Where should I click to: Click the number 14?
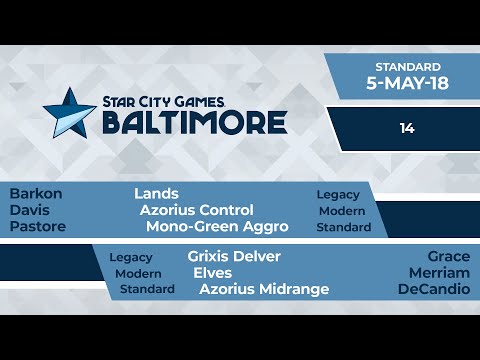click(405, 128)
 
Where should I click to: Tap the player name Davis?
click(30, 211)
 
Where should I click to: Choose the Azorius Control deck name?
click(197, 210)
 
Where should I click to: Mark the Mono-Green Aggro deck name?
click(216, 227)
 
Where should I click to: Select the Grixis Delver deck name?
click(234, 256)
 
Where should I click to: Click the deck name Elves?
click(213, 272)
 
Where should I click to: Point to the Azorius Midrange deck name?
click(264, 289)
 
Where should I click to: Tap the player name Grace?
click(448, 256)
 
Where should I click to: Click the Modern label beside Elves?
click(138, 273)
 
